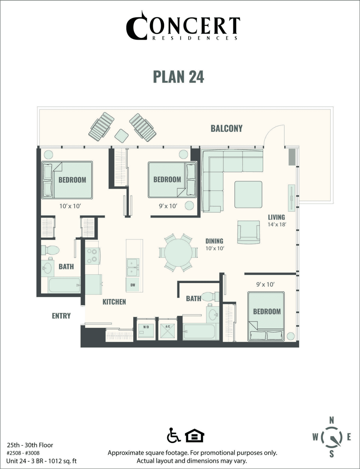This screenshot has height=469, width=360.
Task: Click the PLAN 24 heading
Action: (178, 76)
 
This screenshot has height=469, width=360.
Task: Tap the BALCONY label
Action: (226, 128)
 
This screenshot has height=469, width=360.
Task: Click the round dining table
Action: (178, 253)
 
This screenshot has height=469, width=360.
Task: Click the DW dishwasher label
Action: (133, 285)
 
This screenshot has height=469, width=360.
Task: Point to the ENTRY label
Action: (61, 316)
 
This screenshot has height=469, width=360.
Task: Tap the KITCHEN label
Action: (114, 302)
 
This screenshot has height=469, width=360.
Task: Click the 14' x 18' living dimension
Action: (276, 224)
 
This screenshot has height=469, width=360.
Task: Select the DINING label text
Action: (214, 241)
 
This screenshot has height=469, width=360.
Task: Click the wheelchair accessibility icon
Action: (173, 435)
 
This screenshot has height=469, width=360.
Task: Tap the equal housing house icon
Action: (194, 436)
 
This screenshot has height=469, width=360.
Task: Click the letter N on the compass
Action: (331, 420)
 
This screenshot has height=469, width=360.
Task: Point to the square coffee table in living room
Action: (248, 194)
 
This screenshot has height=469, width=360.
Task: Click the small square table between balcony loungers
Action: (122, 135)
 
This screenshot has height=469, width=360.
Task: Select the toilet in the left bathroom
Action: (50, 250)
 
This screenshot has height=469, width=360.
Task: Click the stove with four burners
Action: (93, 256)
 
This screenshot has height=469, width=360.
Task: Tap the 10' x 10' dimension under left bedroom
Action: (70, 206)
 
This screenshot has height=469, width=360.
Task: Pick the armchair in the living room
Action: (249, 231)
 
